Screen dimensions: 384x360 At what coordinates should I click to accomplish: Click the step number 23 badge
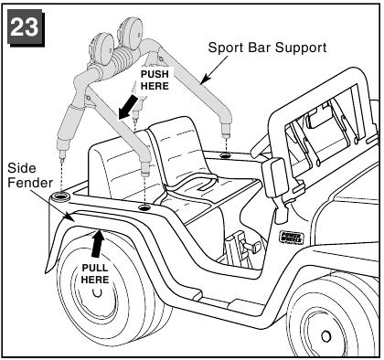(26, 27)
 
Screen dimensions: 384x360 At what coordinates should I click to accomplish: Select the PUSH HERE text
(155, 79)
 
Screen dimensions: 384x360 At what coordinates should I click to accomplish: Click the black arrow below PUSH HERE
(128, 107)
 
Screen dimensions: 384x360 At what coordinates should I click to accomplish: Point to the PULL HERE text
(95, 274)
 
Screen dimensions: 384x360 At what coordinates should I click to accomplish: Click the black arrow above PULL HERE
(98, 245)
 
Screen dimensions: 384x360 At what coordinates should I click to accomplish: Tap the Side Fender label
(30, 175)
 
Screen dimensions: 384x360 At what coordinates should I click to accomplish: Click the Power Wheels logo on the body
(292, 238)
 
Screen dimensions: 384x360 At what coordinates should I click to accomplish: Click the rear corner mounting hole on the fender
(60, 196)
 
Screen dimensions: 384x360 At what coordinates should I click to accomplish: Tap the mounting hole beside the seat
(145, 208)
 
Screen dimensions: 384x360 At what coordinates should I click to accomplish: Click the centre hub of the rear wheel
(97, 292)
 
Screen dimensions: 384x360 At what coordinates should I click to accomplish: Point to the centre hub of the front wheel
(325, 336)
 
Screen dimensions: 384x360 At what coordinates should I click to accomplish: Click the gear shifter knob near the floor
(254, 246)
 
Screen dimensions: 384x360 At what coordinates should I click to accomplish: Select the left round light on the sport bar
(102, 48)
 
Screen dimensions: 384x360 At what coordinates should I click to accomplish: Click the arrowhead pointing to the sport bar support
(206, 79)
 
